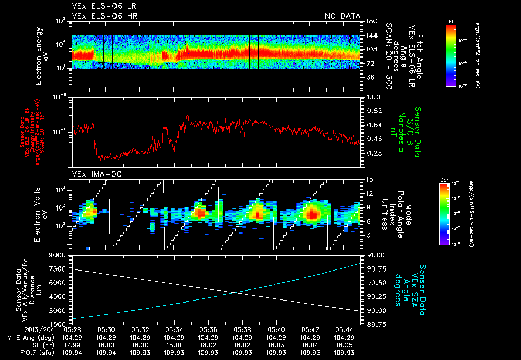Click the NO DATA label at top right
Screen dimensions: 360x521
342,16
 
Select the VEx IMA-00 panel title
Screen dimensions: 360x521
90,174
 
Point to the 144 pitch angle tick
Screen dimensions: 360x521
370,36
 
